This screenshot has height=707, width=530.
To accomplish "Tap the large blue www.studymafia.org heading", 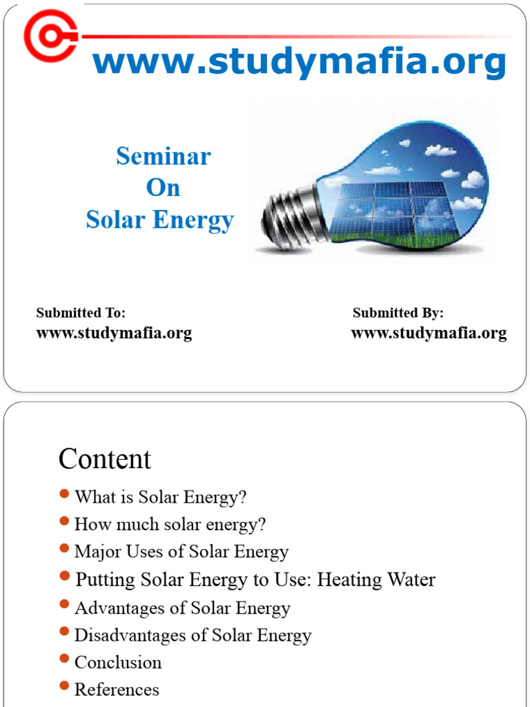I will point(300,62).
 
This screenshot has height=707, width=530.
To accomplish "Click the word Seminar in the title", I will point(163,156).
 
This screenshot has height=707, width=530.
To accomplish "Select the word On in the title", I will point(163,188).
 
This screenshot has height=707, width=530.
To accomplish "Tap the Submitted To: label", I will point(81,313).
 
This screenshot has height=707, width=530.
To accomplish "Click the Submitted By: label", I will point(398,313).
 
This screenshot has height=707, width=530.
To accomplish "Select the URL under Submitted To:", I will point(114,333).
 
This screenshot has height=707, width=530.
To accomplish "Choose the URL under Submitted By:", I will point(429,333).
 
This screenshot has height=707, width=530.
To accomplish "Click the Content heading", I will point(105,459).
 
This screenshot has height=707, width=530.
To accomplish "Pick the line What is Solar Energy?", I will point(160,497).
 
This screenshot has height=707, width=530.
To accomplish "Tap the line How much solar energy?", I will point(170,525).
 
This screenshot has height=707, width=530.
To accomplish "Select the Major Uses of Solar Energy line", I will point(181,552).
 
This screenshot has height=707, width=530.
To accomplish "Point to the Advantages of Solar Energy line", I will point(182,608).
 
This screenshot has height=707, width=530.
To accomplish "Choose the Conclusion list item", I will point(118,663).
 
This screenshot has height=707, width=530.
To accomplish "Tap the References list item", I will point(117,690).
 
